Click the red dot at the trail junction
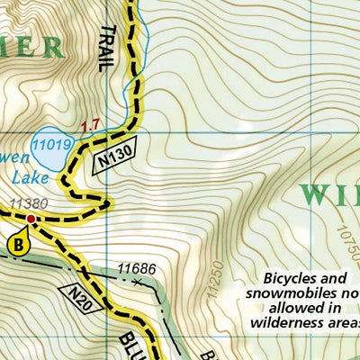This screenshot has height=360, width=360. pyautogui.click(x=31, y=219)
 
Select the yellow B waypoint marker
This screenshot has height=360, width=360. pyautogui.click(x=18, y=243)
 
